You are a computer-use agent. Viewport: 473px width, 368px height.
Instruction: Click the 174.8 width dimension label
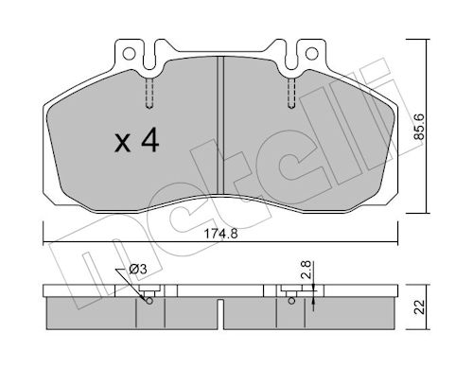220,234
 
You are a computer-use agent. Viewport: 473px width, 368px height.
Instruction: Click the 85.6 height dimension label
419,127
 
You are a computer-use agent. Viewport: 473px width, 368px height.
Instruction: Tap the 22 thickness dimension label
419,307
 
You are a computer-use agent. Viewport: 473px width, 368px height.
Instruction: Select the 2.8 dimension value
307,270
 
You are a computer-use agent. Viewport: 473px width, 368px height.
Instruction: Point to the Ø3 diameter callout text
138,270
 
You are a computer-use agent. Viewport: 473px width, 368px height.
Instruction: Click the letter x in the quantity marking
122,143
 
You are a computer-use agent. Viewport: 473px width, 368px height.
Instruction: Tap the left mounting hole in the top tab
129,54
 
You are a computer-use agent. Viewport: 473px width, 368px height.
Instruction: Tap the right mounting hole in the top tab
311,53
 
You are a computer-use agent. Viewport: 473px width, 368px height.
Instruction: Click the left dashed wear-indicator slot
149,94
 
